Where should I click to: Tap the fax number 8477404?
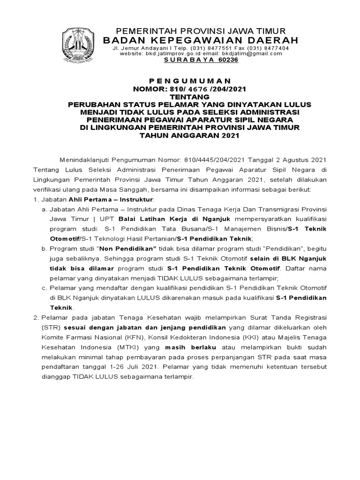click(273, 48)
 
